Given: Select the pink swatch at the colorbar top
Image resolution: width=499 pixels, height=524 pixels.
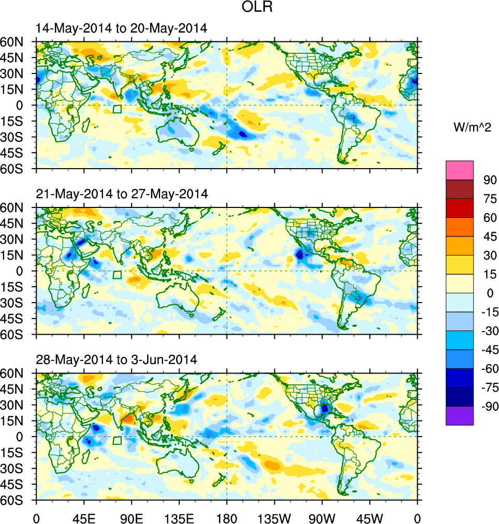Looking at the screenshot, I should [460, 170].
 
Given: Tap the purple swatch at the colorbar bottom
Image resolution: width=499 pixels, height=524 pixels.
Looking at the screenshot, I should [460, 415].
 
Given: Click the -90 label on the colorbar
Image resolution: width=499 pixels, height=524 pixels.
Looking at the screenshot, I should [488, 407].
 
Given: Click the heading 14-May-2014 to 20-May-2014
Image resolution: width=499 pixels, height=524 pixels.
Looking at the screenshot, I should [122, 28].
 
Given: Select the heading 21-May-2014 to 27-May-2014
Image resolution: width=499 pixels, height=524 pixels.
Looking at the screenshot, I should [122, 194].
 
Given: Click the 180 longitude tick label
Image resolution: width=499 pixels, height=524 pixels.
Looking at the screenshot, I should [227, 517].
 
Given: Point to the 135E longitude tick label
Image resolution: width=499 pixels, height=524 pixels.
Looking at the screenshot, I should [180, 517].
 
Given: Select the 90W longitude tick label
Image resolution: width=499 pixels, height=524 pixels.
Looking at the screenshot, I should [322, 517].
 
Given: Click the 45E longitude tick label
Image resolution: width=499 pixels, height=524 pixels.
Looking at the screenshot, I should [84, 517].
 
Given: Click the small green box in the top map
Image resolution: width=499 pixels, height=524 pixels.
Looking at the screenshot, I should [117, 109].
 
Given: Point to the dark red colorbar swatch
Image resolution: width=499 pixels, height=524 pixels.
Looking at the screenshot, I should [460, 189].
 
